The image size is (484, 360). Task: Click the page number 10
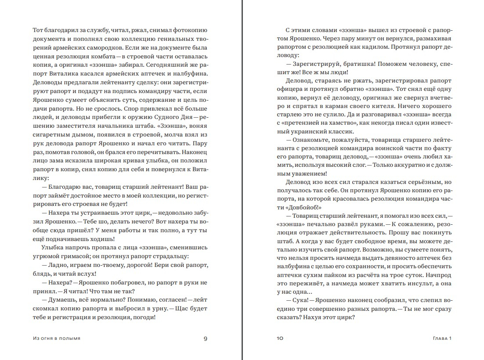280,338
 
